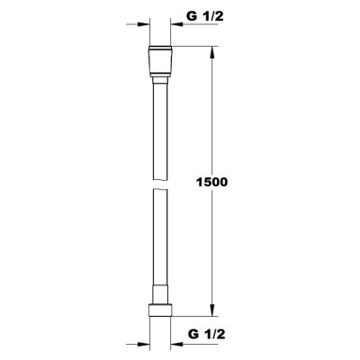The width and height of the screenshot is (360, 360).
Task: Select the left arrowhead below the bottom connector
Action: (x=138, y=343)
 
